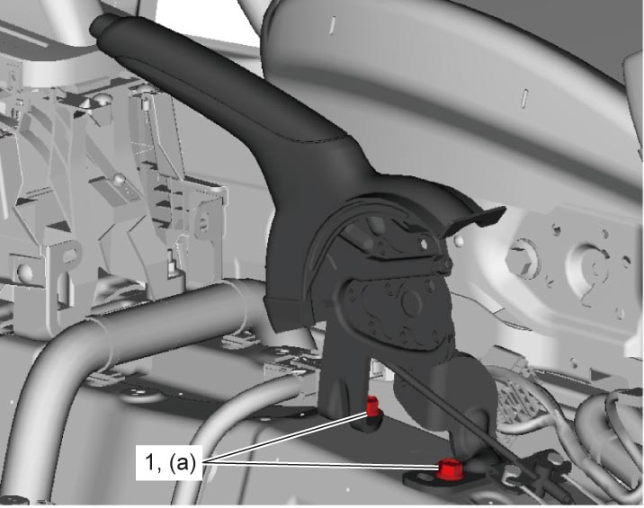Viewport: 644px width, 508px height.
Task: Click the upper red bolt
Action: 372,406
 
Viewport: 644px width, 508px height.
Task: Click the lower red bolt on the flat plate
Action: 450,470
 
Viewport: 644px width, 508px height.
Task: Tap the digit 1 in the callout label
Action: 150,462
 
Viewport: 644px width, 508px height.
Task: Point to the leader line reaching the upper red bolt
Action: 287,438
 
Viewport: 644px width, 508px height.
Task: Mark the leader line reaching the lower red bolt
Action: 321,465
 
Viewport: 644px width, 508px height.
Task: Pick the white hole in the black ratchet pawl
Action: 424,245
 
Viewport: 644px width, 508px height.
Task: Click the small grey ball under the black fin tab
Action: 460,241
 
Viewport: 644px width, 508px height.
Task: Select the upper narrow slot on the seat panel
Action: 334,24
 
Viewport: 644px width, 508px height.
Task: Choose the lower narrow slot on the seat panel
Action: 525,98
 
